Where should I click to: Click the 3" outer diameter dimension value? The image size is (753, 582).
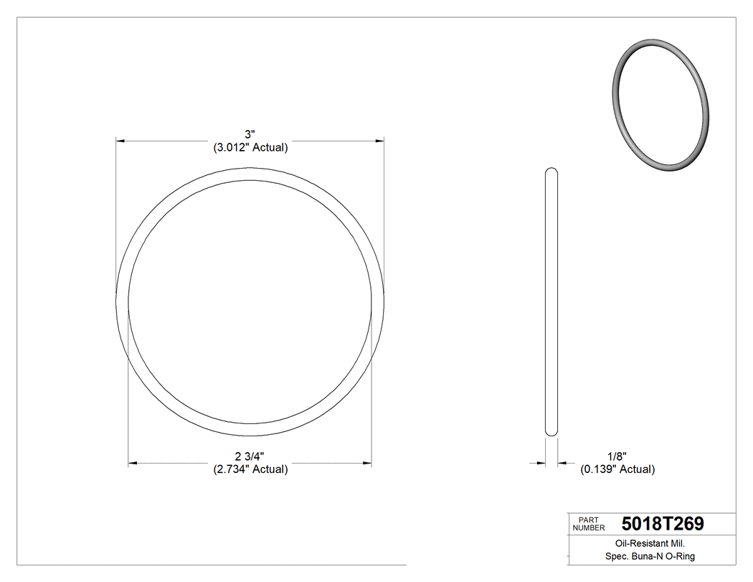tap(250, 135)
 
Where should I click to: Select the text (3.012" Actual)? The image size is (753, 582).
tap(250, 148)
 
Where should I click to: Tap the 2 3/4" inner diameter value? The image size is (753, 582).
tap(250, 456)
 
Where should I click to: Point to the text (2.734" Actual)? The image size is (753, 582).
tap(250, 469)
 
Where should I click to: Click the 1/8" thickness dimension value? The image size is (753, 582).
tap(617, 456)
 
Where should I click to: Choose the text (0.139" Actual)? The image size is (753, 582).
tap(617, 469)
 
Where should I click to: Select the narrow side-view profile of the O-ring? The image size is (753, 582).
tap(551, 301)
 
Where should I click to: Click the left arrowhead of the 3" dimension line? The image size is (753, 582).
tap(121, 141)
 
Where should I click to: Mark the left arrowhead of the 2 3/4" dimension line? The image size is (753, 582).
tap(133, 463)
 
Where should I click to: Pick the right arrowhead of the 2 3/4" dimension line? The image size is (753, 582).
tap(367, 463)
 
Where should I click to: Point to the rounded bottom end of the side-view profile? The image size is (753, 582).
tap(551, 432)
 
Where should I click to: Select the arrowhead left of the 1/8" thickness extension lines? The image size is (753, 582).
tap(541, 463)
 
